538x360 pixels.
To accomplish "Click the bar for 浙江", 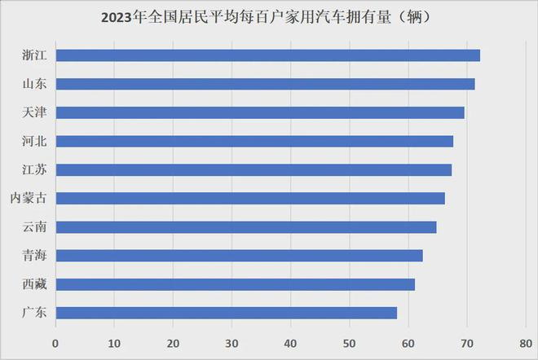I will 267,55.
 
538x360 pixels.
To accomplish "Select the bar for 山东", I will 265,84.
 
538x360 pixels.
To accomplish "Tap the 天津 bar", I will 259,112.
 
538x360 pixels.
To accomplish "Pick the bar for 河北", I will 254,141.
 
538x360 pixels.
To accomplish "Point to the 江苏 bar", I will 253,169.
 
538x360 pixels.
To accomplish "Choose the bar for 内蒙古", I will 249,198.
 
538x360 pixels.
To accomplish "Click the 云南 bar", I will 245,226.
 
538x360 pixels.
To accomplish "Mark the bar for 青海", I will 239,256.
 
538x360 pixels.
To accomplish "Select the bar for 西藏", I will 235,284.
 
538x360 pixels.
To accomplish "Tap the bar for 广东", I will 226,313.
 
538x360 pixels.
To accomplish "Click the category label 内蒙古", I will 28,198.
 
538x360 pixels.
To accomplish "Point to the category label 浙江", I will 33,55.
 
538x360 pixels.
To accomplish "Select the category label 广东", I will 33,313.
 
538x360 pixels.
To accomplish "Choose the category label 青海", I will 33,256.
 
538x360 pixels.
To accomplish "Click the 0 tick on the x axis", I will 55,343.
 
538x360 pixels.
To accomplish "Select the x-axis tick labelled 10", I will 114,343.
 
